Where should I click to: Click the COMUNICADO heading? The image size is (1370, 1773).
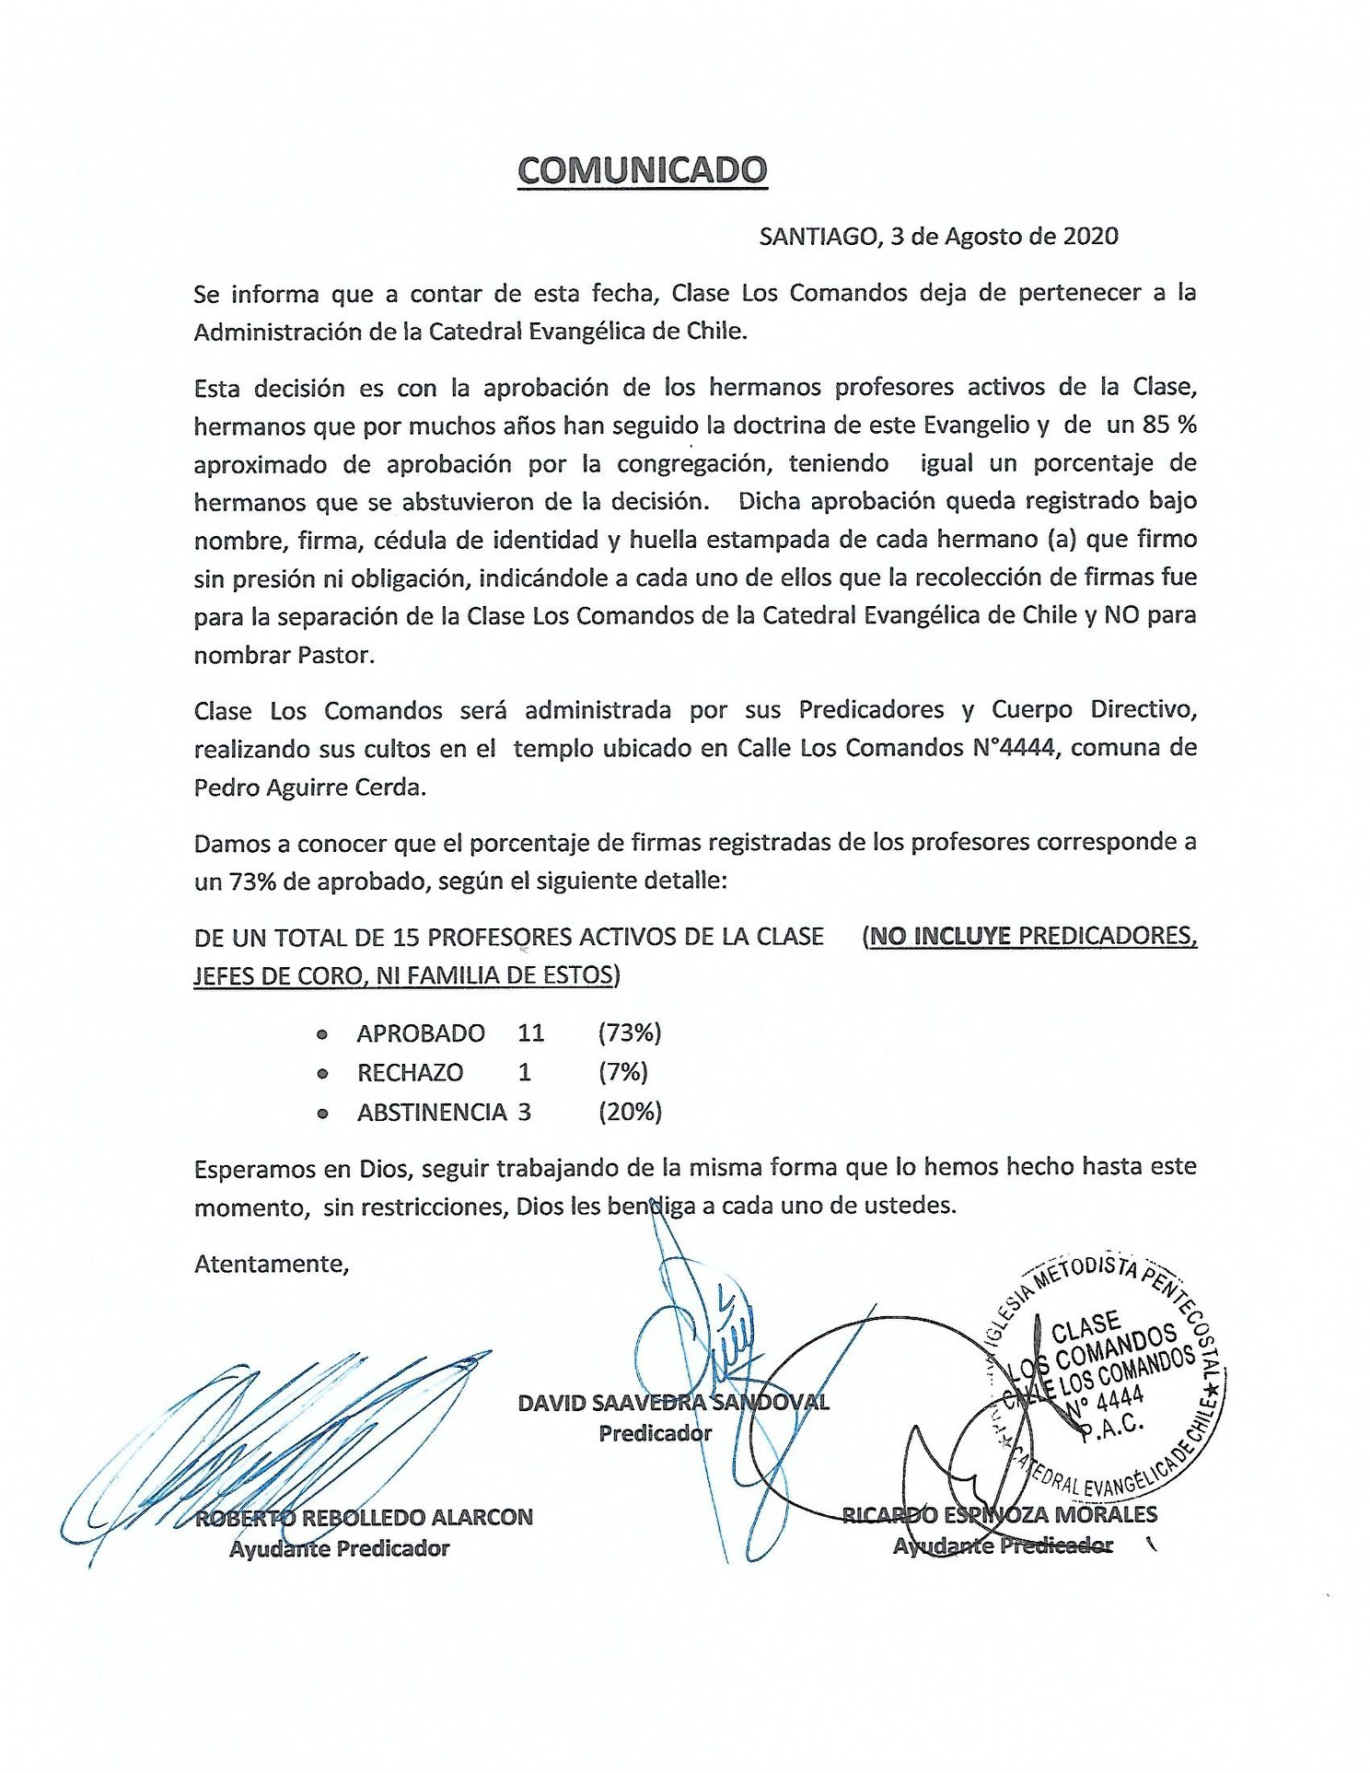[x=642, y=170]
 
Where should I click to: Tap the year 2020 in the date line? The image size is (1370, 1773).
[x=1090, y=237]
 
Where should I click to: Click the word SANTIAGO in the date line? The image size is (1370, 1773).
[x=819, y=238]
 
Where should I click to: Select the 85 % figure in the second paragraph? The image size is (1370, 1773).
[x=1169, y=425]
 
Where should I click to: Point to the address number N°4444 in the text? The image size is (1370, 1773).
[x=1013, y=748]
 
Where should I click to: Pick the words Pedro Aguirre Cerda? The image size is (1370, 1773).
[x=309, y=787]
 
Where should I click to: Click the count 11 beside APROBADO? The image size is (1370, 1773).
[x=531, y=1032]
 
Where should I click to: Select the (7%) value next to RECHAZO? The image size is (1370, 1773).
[x=623, y=1072]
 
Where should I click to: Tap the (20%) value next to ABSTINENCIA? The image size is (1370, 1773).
[x=630, y=1112]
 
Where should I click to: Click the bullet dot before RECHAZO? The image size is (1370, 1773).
[x=322, y=1074]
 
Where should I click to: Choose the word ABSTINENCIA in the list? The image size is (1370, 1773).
[x=432, y=1113]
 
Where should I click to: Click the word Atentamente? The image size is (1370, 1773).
[x=272, y=1264]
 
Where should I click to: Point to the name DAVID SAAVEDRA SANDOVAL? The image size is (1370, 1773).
[x=673, y=1403]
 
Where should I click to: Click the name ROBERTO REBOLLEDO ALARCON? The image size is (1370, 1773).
[x=364, y=1517]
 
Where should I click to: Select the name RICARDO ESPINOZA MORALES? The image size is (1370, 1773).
[x=1000, y=1514]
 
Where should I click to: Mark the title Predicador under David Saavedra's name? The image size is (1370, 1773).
[x=655, y=1433]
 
